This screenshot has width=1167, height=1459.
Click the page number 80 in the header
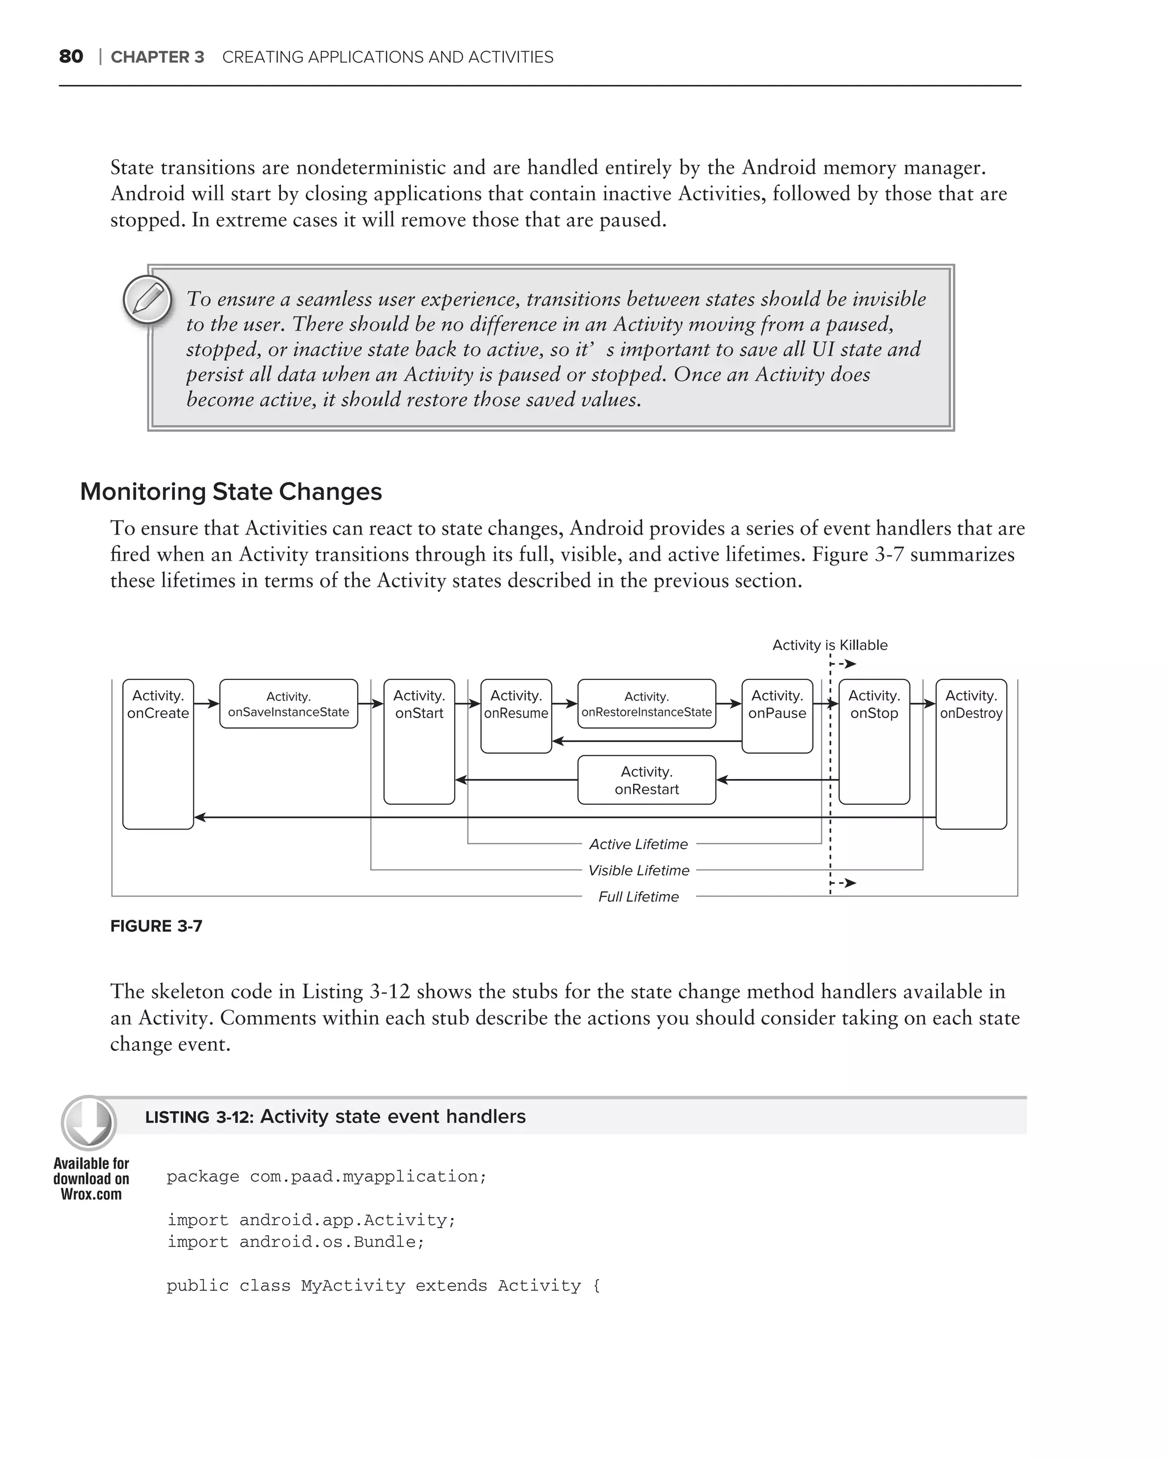(x=71, y=57)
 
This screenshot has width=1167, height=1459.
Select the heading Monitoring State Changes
(x=231, y=491)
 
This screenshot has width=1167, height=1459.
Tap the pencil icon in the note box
(x=148, y=299)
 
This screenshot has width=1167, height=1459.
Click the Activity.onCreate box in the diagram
(x=158, y=753)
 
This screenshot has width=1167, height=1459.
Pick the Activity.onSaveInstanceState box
(x=288, y=704)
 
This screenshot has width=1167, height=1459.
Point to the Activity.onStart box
(x=419, y=741)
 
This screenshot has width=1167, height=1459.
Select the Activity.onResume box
(x=516, y=715)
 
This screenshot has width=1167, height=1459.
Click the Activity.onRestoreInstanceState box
(x=646, y=704)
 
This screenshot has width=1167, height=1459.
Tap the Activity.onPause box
(x=777, y=715)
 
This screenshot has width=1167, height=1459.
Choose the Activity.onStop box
(x=874, y=741)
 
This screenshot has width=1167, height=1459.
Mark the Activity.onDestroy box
(x=971, y=753)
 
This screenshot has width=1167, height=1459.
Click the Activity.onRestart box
(x=646, y=780)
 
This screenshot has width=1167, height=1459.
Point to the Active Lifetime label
(x=638, y=844)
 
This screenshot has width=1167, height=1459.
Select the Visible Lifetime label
(x=638, y=870)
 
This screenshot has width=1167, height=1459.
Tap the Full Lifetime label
(x=638, y=896)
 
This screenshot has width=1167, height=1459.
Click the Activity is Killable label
(x=830, y=645)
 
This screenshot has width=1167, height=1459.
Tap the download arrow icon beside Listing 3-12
(x=89, y=1123)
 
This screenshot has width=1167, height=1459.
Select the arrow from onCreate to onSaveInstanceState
(x=206, y=704)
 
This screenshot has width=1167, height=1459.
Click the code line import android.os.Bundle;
(x=296, y=1242)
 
